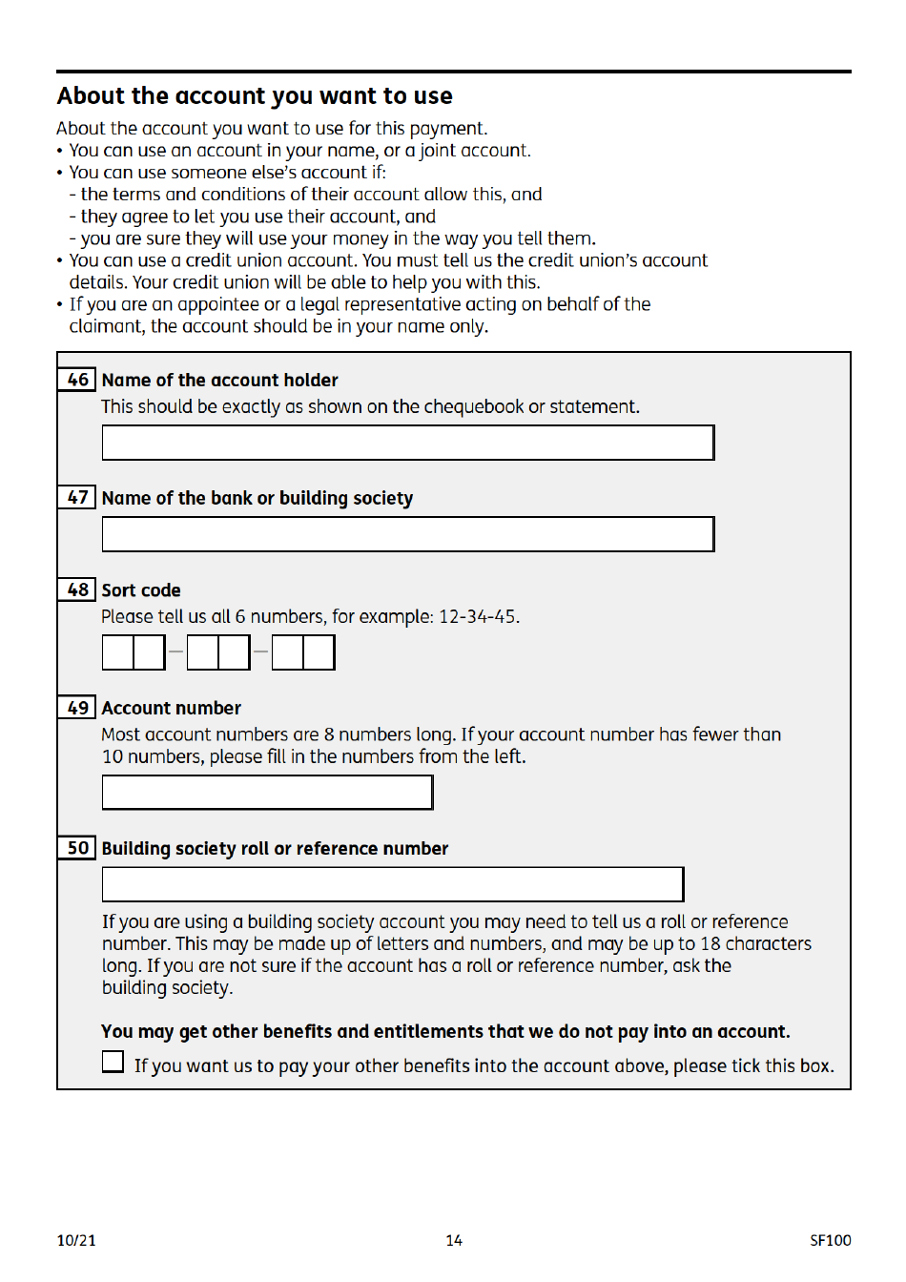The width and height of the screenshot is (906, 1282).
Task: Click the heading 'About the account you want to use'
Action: click(255, 96)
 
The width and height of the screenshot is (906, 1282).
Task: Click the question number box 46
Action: click(77, 380)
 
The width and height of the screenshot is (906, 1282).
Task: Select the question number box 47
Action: click(77, 497)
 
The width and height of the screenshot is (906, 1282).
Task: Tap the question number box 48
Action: click(77, 589)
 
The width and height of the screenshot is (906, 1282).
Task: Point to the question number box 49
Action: click(77, 708)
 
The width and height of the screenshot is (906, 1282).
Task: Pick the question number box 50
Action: click(77, 848)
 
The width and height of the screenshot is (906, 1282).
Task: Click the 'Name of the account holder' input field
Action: click(407, 443)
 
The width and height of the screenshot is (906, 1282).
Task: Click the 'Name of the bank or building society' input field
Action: click(407, 534)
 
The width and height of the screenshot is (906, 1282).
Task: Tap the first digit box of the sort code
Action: click(118, 652)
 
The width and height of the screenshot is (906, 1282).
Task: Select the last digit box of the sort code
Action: click(319, 652)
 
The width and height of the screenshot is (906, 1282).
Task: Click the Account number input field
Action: click(267, 793)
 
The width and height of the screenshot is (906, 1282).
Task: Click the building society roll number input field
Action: click(392, 884)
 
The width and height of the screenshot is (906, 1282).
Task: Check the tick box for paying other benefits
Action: click(113, 1062)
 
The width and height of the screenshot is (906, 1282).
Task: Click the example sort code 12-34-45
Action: click(477, 617)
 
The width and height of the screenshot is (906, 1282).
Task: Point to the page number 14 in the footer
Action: click(454, 1240)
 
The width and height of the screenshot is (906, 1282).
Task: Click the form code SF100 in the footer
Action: click(830, 1240)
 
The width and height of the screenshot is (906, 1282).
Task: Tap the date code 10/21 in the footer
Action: click(76, 1240)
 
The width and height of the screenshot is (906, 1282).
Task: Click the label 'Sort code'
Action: click(141, 590)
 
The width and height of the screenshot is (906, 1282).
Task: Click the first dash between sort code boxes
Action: click(175, 652)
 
